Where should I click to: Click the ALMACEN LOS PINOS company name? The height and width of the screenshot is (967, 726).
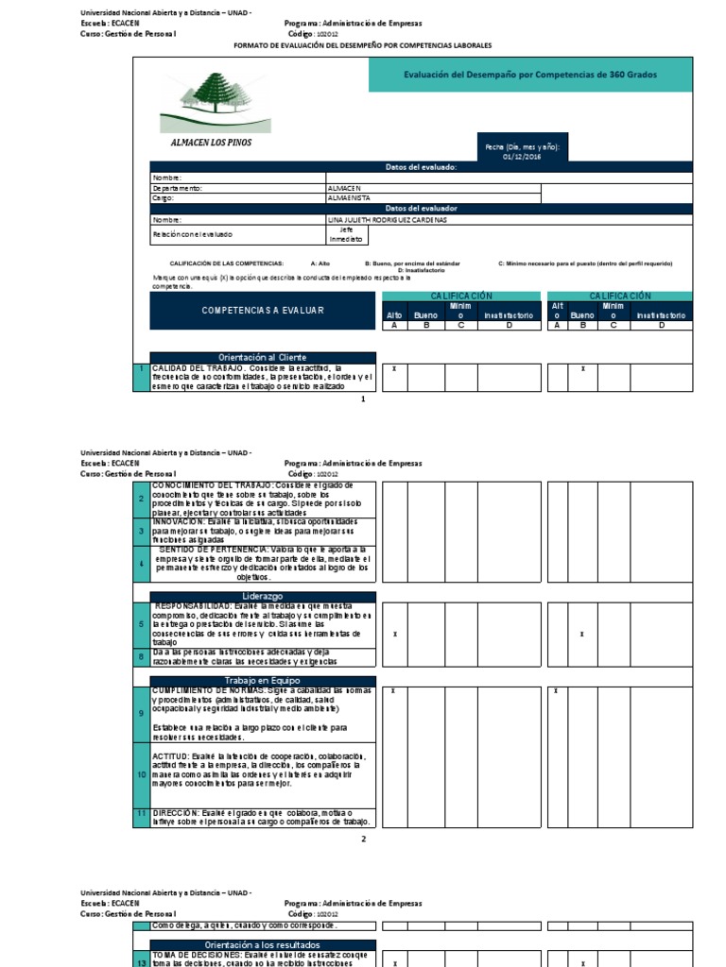pyautogui.click(x=211, y=144)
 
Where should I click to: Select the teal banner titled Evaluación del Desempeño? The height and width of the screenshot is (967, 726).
pyautogui.click(x=530, y=75)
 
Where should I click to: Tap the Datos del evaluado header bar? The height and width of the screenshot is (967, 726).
pyautogui.click(x=422, y=167)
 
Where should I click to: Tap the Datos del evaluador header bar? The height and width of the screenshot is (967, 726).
pyautogui.click(x=422, y=208)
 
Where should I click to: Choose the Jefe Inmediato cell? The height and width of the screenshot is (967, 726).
pyautogui.click(x=345, y=233)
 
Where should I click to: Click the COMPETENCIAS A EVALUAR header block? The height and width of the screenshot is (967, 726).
pyautogui.click(x=263, y=310)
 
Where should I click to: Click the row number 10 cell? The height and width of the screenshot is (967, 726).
pyautogui.click(x=141, y=774)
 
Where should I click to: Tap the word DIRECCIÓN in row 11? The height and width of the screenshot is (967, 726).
pyautogui.click(x=176, y=813)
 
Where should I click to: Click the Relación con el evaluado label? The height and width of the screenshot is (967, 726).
pyautogui.click(x=192, y=233)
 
